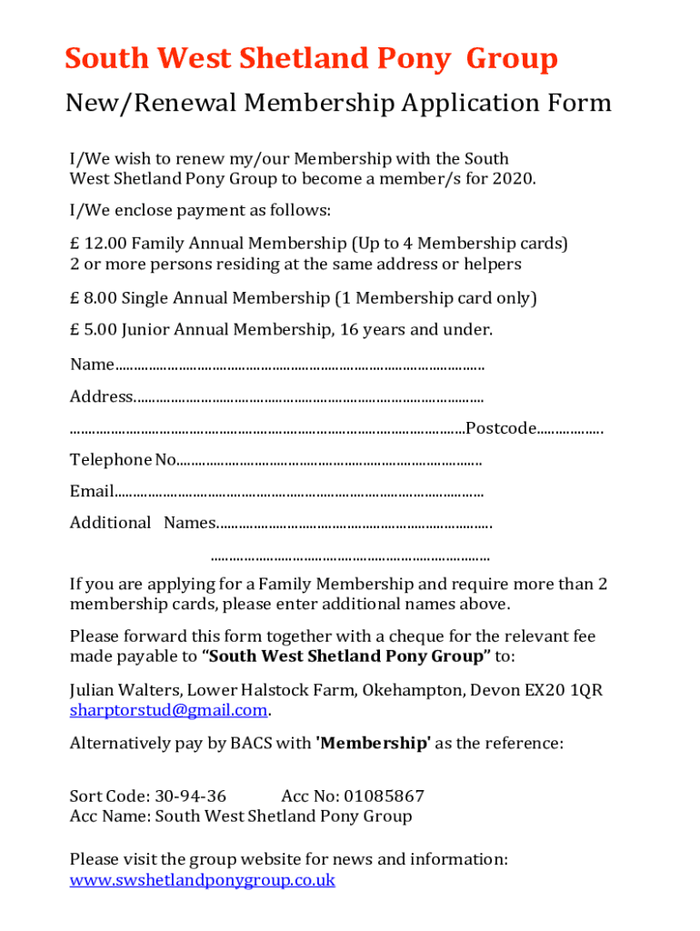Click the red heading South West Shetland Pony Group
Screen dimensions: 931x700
point(311,59)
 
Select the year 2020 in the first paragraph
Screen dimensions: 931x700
point(515,178)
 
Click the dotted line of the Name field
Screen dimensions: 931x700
point(300,365)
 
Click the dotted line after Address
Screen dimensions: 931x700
point(309,397)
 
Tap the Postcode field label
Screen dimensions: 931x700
point(500,428)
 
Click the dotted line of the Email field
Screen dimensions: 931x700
point(300,492)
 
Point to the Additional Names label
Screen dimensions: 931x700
point(142,523)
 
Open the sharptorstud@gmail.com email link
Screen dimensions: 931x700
point(168,710)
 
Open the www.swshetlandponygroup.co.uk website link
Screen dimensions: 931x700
point(203,880)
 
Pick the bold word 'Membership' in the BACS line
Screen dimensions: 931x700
point(373,743)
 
